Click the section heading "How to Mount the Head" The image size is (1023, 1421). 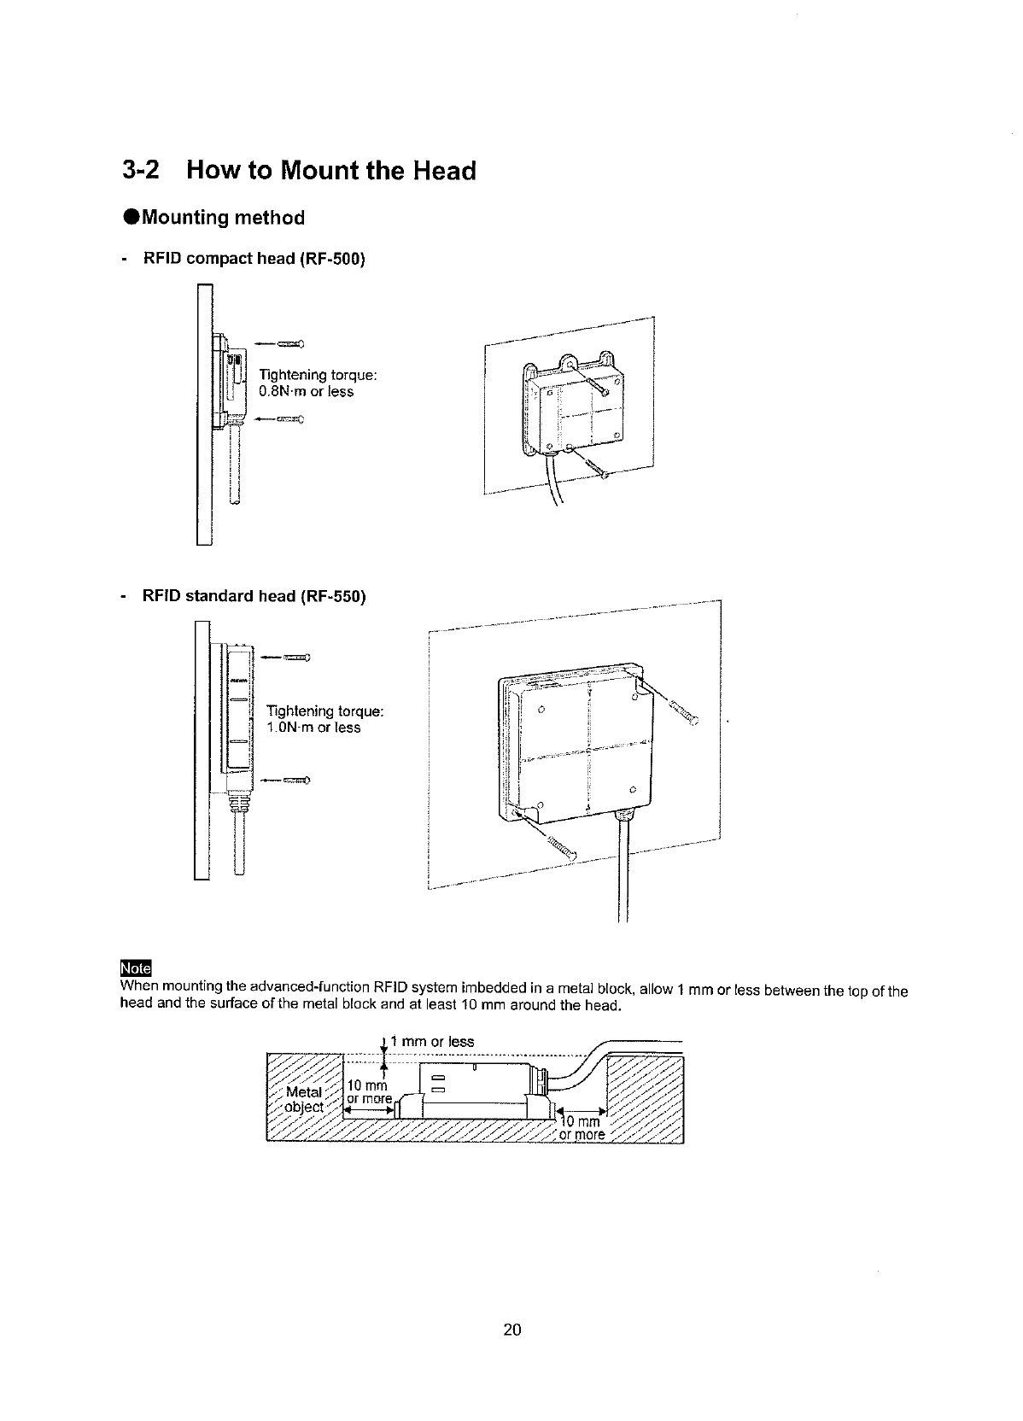click(x=330, y=171)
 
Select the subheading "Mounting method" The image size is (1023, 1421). click(x=223, y=218)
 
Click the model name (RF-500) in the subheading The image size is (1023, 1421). click(x=331, y=259)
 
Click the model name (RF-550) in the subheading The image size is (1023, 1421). click(x=332, y=596)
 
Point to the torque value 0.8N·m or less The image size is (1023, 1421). click(x=306, y=392)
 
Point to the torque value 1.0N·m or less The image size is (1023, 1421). click(x=313, y=728)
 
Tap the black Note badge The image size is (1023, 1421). click(x=136, y=968)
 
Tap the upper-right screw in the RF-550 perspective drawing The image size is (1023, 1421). click(x=682, y=711)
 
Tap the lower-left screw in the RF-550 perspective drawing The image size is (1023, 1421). click(x=560, y=845)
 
